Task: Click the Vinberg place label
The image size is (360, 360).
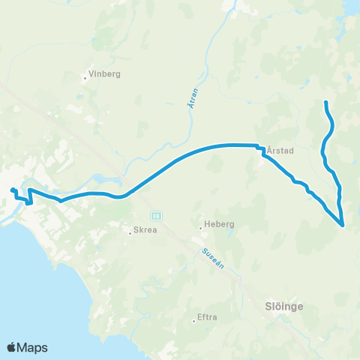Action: (x=104, y=74)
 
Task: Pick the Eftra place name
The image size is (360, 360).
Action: (x=206, y=318)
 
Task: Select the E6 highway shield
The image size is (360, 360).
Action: (x=156, y=215)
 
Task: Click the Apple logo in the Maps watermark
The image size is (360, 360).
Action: (x=12, y=347)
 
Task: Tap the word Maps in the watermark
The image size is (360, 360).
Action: (x=33, y=347)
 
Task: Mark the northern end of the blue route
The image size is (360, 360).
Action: (x=325, y=102)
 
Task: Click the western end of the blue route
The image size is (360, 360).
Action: (x=12, y=190)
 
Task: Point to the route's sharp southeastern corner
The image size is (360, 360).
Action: (x=343, y=224)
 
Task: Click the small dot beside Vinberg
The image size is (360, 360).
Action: (x=85, y=74)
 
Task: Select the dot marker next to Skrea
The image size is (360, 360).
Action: (x=129, y=232)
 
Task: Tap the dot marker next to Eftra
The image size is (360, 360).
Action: (x=194, y=321)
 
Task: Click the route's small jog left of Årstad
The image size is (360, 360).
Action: (x=262, y=150)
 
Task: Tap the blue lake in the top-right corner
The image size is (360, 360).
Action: (x=351, y=7)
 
